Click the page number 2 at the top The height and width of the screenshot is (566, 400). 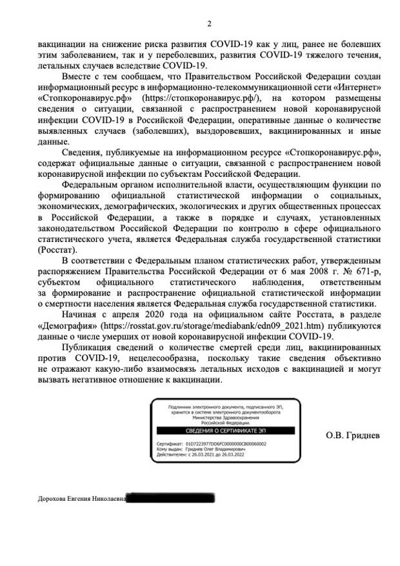(208, 25)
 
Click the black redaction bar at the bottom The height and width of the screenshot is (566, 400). (171, 498)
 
